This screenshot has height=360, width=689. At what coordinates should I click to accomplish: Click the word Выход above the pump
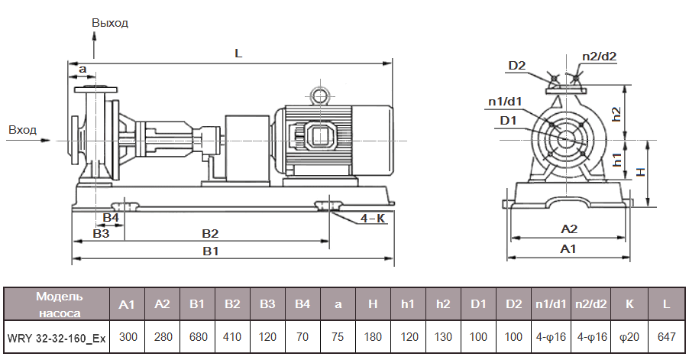pos(110,23)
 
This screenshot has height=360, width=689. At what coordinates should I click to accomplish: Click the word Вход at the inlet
pos(22,130)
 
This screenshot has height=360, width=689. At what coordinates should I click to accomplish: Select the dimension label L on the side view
pos(238,54)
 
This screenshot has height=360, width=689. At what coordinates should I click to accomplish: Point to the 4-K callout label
pos(373,219)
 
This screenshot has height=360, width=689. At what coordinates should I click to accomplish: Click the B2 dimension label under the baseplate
pos(210,232)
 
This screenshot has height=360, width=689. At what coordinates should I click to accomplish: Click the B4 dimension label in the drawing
pos(111,219)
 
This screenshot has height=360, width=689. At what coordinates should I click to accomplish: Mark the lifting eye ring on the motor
pos(318,95)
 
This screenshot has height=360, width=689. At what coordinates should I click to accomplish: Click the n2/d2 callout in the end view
pos(599,56)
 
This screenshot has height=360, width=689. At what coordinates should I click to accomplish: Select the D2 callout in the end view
pos(517,66)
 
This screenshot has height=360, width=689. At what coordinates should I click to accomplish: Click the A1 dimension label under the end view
pos(568,249)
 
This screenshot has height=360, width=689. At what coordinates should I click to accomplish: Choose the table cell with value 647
pos(666,336)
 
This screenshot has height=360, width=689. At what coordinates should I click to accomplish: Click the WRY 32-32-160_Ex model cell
pos(57,336)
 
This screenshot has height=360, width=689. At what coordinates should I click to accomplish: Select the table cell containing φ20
pos(630,336)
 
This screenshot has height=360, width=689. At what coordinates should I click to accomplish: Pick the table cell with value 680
pos(197,336)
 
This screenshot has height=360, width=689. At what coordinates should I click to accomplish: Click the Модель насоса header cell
pos(57,303)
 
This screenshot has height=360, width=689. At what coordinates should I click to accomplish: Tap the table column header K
pos(630,303)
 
